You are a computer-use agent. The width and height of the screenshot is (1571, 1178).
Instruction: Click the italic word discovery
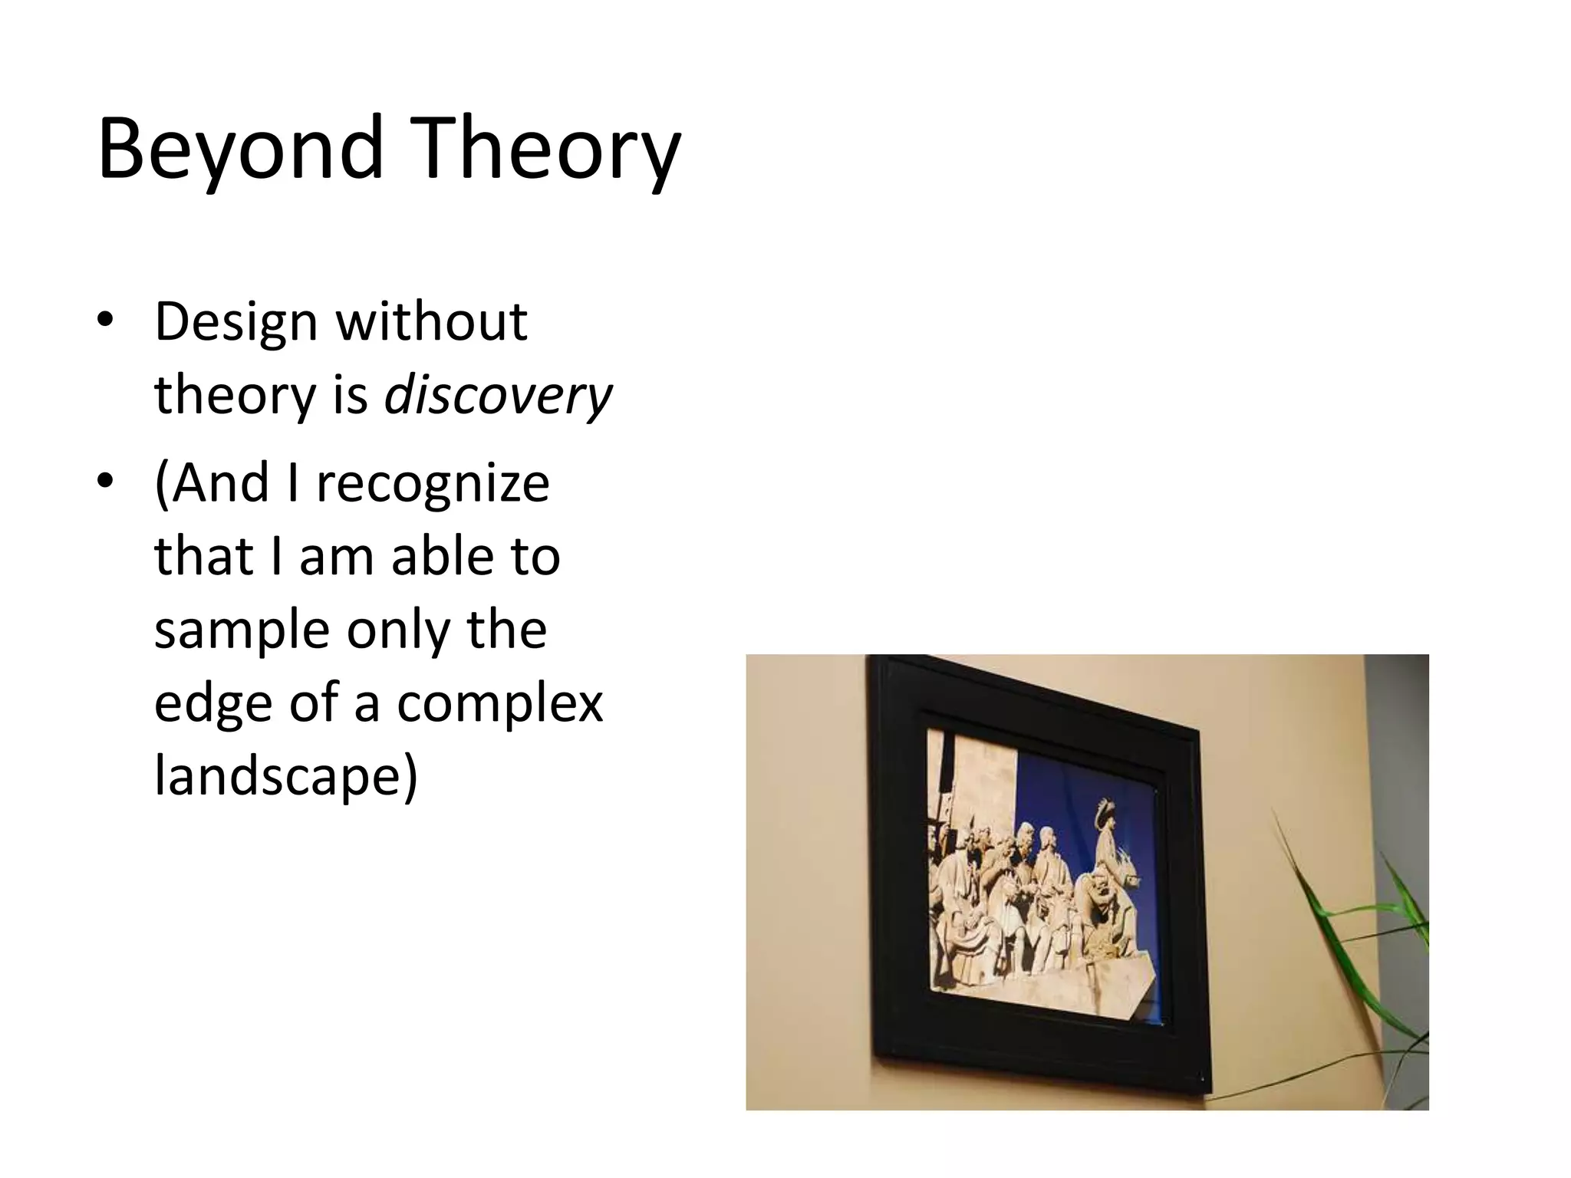498,396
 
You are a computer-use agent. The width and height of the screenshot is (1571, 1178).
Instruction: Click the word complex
499,703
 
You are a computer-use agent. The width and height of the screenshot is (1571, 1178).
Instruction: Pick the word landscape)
286,776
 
